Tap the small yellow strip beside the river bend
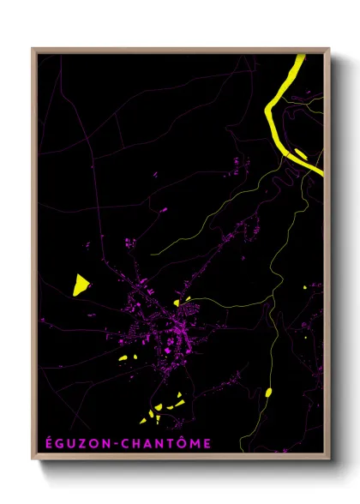[x=300, y=154]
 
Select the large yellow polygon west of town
[x=81, y=284]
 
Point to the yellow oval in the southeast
[x=268, y=393]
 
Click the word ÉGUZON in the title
[x=72, y=443]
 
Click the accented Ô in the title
[x=183, y=442]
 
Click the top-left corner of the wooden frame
[x=33, y=49]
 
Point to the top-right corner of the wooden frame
[x=329, y=49]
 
